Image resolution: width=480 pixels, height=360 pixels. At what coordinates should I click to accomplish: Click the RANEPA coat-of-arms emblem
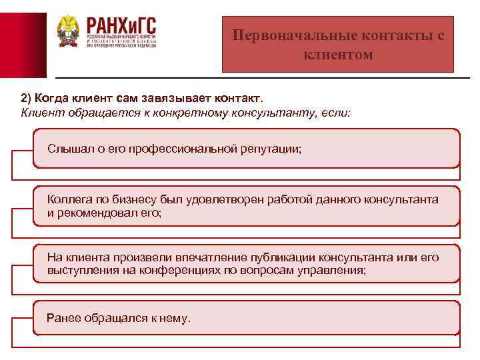67,31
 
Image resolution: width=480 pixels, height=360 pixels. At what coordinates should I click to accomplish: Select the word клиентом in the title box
338,54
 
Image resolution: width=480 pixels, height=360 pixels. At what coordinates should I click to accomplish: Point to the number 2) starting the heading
27,98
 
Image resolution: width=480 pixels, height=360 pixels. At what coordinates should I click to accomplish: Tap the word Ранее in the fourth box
62,318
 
